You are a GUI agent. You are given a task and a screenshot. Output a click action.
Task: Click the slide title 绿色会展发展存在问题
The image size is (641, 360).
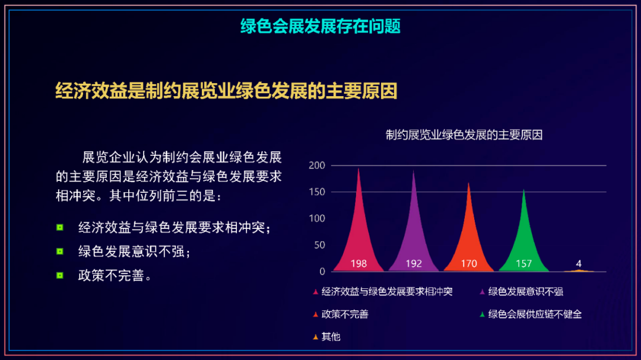pyautogui.click(x=320, y=26)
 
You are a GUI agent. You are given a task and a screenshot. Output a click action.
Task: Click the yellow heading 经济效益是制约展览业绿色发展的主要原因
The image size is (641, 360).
pyautogui.click(x=227, y=91)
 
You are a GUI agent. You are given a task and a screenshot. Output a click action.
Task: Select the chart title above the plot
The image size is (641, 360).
pyautogui.click(x=464, y=135)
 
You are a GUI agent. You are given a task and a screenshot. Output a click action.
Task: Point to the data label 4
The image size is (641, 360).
pyautogui.click(x=579, y=263)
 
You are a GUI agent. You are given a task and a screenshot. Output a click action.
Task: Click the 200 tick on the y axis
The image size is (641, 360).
pyautogui.click(x=317, y=165)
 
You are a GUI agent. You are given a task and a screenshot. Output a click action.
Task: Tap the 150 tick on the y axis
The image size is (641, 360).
pyautogui.click(x=317, y=192)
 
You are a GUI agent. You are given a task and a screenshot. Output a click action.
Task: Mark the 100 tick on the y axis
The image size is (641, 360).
pyautogui.click(x=317, y=219)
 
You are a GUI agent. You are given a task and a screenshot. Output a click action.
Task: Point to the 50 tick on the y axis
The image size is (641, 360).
pyautogui.click(x=319, y=245)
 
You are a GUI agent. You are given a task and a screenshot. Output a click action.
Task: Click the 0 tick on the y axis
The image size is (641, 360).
pyautogui.click(x=322, y=271)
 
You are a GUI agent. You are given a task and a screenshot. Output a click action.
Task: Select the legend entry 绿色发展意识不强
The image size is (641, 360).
pyautogui.click(x=521, y=292)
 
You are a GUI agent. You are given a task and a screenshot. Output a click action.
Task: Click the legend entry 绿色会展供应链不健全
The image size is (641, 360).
pyautogui.click(x=531, y=314)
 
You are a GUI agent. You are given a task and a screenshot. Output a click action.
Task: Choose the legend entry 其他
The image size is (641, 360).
pyautogui.click(x=326, y=337)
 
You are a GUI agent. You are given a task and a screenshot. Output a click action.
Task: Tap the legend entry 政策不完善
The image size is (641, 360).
pyautogui.click(x=341, y=314)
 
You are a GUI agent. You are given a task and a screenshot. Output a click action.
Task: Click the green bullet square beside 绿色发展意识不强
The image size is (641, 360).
pyautogui.click(x=60, y=251)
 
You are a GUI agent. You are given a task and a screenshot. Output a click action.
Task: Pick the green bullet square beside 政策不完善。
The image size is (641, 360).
pyautogui.click(x=60, y=275)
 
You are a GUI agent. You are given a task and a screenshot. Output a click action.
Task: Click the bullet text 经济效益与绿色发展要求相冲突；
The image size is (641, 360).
pyautogui.click(x=174, y=228)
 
